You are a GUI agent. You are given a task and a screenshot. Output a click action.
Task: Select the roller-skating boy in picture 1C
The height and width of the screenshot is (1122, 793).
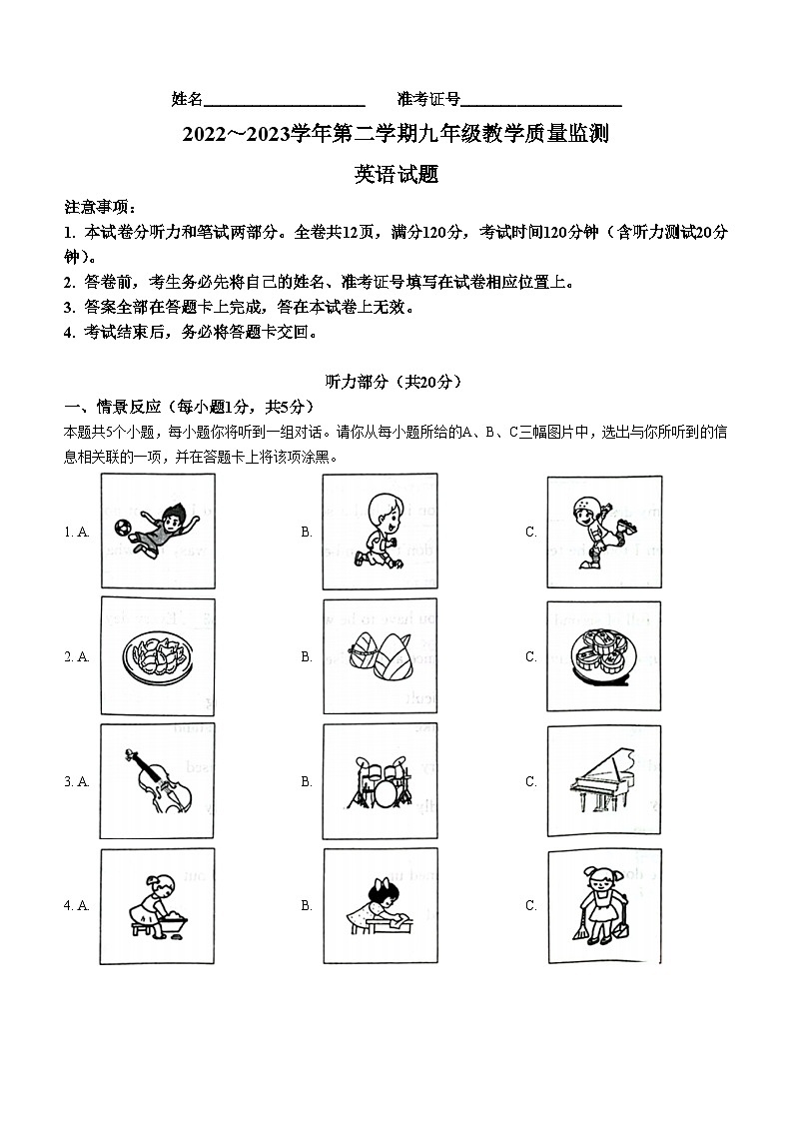[x=601, y=532]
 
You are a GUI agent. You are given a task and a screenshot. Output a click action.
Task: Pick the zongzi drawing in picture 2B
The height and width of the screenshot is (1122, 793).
[x=380, y=656]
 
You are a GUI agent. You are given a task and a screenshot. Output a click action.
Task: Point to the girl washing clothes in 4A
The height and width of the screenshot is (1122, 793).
[x=158, y=906]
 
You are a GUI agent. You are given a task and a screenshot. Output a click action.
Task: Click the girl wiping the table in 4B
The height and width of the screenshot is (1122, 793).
[x=379, y=906]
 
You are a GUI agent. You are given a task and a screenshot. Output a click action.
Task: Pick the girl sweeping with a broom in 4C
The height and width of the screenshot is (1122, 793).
[x=602, y=906]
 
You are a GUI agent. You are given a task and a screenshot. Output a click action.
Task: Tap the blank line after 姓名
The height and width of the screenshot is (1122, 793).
[x=284, y=100]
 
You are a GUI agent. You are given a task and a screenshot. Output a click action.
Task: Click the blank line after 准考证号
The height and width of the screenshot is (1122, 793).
[x=541, y=100]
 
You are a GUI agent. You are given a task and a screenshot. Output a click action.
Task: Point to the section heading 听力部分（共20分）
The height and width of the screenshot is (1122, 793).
[x=396, y=382]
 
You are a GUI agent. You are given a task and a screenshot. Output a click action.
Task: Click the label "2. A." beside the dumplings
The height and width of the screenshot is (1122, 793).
[x=77, y=657]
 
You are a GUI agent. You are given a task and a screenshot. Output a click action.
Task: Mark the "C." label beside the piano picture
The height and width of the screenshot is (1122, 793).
[x=531, y=782]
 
